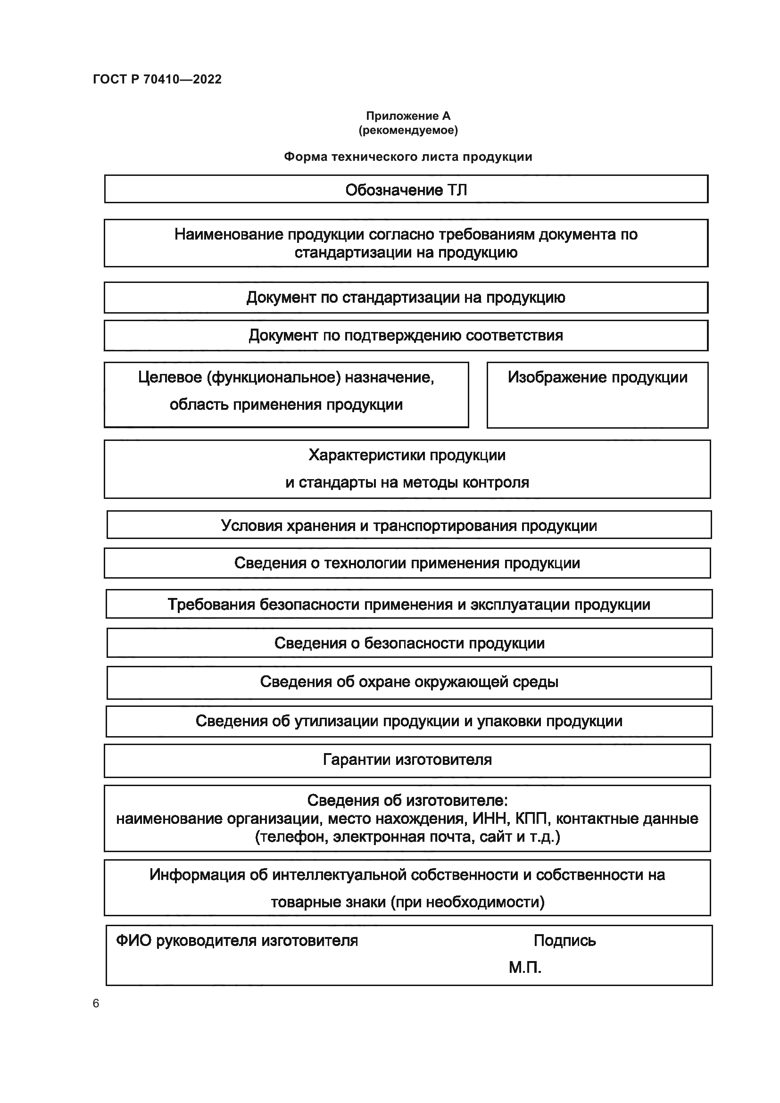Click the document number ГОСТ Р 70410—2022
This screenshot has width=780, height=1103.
pos(157,79)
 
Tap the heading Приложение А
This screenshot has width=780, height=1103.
pos(408,116)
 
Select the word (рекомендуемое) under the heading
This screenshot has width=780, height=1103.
pos(408,130)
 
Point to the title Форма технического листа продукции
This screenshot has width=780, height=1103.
pos(408,157)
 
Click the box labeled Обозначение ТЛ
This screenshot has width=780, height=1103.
pos(406,189)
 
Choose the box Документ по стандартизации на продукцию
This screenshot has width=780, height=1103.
pos(406,298)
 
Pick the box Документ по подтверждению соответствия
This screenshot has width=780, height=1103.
pos(406,335)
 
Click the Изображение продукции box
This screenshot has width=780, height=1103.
pos(597,395)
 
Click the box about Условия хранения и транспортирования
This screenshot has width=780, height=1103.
pos(409,525)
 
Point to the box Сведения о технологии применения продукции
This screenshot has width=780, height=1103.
pos(407,563)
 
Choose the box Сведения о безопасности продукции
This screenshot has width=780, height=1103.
pos(409,643)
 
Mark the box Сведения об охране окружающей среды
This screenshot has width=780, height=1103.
pos(409,682)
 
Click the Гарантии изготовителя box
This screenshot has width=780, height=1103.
pos(407,760)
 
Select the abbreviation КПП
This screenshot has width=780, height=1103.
pos(531,818)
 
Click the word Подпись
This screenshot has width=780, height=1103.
pos(564,940)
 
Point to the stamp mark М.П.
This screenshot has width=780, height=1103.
pos(525,968)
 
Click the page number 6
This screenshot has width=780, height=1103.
pos(96,1003)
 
